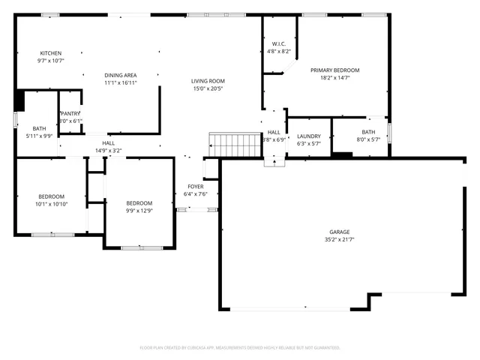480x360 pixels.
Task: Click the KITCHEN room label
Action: tap(51, 52)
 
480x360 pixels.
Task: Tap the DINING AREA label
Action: tap(120, 75)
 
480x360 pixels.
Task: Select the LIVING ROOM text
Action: tap(208, 81)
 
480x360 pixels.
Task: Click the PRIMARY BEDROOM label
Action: tap(335, 70)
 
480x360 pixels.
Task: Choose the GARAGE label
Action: tap(340, 232)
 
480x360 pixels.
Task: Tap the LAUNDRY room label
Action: tap(309, 136)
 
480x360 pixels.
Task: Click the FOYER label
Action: tap(195, 186)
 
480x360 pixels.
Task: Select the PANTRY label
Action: tap(70, 113)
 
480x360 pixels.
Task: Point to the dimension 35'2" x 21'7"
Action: tap(340, 240)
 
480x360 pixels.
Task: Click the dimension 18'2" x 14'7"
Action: tap(335, 77)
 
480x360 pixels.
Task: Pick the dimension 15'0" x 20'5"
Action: tap(208, 88)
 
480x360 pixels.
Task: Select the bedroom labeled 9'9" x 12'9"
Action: tap(139, 203)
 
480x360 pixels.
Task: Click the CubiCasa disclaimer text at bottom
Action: tap(240, 347)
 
